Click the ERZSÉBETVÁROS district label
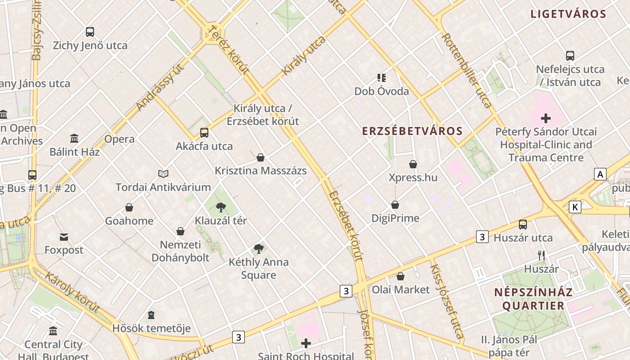(x=413, y=131)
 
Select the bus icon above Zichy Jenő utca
(x=90, y=32)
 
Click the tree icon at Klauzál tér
(x=220, y=207)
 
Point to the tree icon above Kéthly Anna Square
(x=258, y=248)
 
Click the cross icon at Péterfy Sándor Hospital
(x=546, y=119)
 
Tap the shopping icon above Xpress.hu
(x=413, y=164)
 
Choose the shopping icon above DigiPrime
(x=395, y=205)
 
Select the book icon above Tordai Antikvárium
(x=163, y=174)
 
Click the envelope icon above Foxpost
(x=64, y=237)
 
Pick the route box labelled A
(x=600, y=174)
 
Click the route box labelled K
(x=575, y=207)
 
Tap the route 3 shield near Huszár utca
(x=482, y=237)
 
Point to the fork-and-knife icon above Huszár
(x=541, y=256)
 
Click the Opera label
(x=119, y=139)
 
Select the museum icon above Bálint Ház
(x=74, y=138)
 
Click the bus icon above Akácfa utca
(x=204, y=133)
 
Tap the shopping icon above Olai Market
(x=400, y=276)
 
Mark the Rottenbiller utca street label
(x=467, y=70)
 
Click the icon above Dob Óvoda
(x=382, y=78)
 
